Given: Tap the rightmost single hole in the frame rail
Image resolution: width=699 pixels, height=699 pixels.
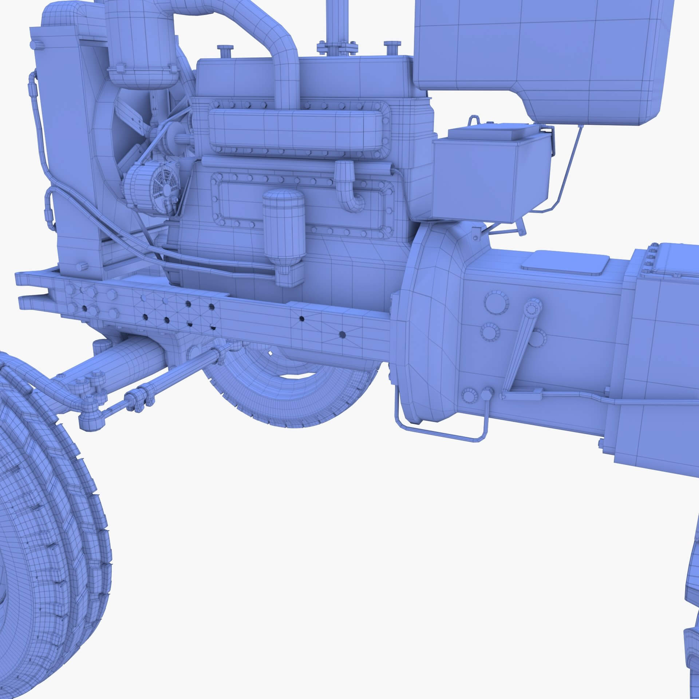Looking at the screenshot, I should click(342, 333).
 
